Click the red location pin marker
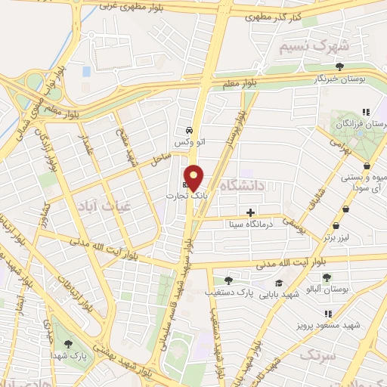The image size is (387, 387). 194,178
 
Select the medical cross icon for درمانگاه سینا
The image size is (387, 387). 251,212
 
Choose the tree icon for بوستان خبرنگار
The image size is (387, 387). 339,67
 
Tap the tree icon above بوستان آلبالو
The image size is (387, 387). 327,277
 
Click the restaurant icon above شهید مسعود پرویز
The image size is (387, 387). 328,314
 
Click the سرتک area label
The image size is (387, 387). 317,354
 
